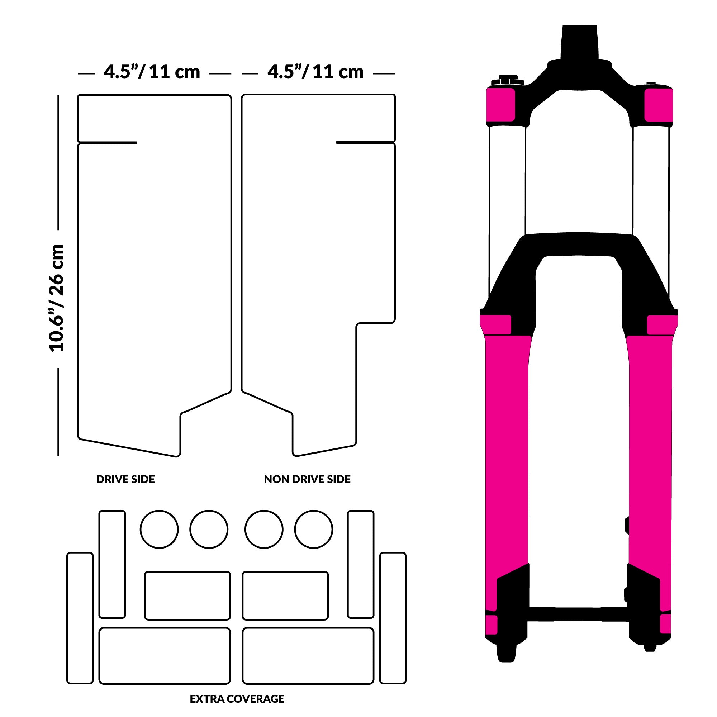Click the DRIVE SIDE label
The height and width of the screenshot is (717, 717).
tap(125, 479)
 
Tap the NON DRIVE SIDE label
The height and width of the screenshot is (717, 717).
tap(307, 479)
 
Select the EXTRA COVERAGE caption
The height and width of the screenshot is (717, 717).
tap(237, 699)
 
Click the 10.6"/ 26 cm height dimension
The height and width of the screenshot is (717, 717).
tap(56, 298)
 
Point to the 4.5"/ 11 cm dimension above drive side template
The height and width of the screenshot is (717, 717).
tap(152, 72)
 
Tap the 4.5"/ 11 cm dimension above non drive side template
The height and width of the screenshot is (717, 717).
tap(315, 72)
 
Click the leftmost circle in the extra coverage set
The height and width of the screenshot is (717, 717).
tap(159, 529)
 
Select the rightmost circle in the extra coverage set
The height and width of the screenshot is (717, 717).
tap(314, 529)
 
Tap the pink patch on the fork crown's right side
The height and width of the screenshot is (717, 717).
tap(658, 105)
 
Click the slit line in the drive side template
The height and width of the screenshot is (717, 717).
tap(108, 143)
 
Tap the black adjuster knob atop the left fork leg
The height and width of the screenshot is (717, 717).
tap(507, 81)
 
